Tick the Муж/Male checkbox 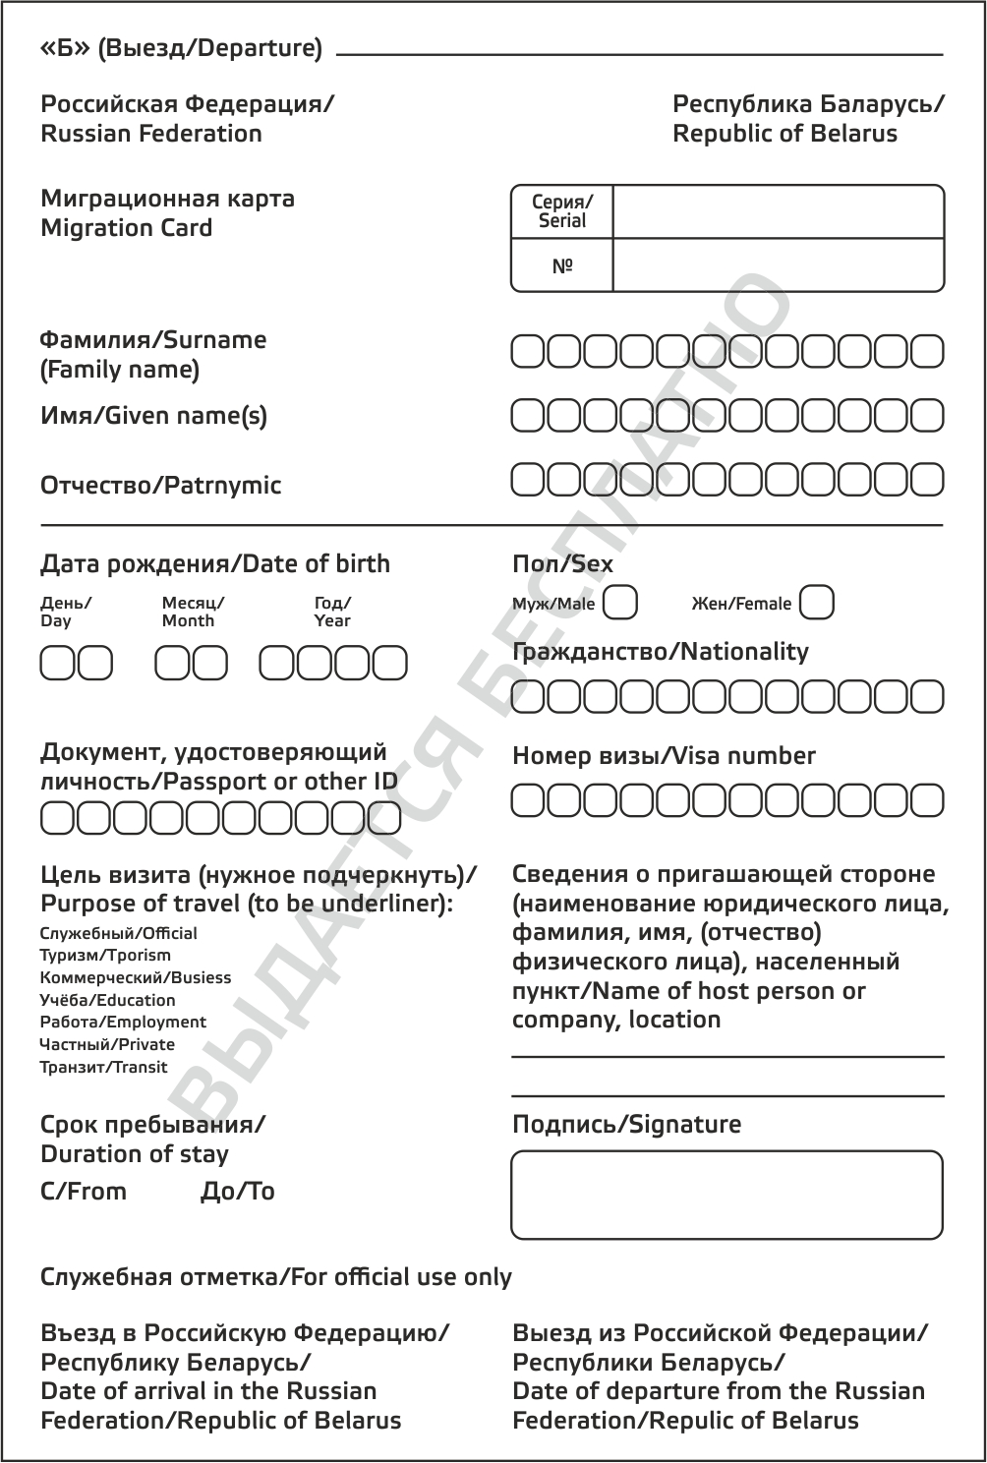tap(619, 602)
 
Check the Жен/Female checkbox tap(817, 602)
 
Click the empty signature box tap(727, 1195)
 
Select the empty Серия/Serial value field tap(778, 210)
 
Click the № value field tap(778, 265)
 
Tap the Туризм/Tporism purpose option tap(105, 956)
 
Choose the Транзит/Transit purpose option tap(103, 1068)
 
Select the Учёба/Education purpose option tap(107, 1000)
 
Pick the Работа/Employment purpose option tap(123, 1023)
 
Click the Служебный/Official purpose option tap(118, 933)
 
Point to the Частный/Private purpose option tap(107, 1045)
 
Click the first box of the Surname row tap(528, 351)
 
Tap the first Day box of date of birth tap(57, 664)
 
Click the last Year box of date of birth tap(389, 664)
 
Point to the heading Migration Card tap(126, 228)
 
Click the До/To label tap(237, 1192)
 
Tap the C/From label tap(84, 1192)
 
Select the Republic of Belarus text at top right tap(784, 134)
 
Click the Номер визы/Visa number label tap(664, 756)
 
